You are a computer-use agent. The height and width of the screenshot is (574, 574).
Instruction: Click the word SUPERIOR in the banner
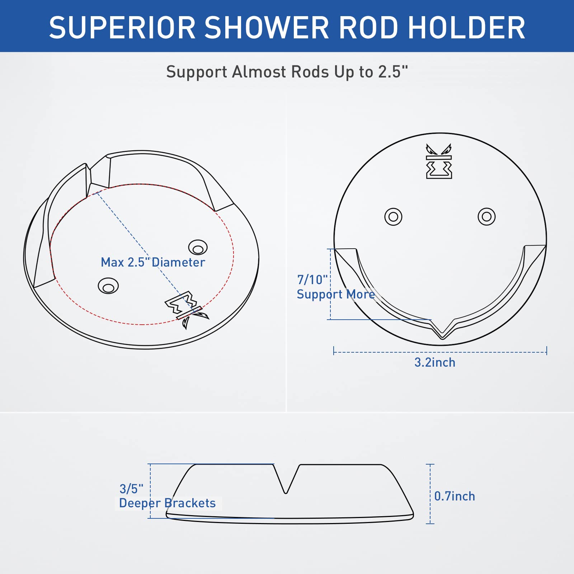coord(122,28)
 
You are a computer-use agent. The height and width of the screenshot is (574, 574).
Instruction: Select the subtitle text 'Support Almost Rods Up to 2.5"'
coord(287,72)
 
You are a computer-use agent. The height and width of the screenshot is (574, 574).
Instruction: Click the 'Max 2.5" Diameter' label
coord(153,262)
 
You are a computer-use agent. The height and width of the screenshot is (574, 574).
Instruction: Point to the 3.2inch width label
coord(435,362)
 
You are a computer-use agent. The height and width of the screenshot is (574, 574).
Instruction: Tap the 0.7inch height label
coord(455,496)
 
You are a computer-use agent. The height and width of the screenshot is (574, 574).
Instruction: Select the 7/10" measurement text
coord(312,279)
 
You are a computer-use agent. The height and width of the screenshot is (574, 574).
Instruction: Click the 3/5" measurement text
coord(131,489)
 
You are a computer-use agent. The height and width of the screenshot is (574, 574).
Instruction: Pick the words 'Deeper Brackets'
coord(167,503)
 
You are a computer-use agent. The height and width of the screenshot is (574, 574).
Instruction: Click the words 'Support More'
coord(335,294)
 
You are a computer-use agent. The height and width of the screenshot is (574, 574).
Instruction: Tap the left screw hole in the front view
coord(393,217)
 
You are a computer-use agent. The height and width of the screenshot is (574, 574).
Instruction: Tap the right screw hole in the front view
coord(486,217)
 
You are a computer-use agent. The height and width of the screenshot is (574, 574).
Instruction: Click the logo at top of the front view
coord(439,161)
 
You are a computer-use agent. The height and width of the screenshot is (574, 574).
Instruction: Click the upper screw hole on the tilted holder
coord(198,248)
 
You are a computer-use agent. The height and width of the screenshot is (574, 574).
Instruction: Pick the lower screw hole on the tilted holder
coord(108,286)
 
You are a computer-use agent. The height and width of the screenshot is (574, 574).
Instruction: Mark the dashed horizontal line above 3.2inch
coord(440,352)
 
